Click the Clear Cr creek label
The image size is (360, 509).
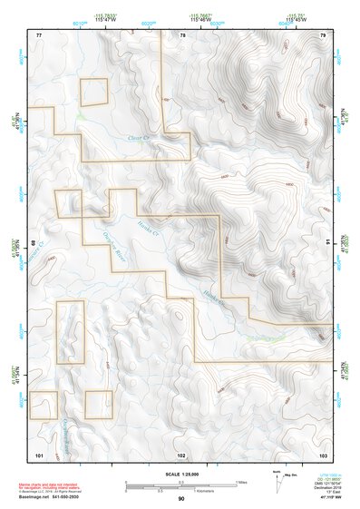pyautogui.click(x=138, y=139)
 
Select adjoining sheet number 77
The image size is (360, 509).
pyautogui.click(x=39, y=34)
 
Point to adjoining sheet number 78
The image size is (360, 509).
pyautogui.click(x=182, y=34)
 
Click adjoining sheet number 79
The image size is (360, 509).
pyautogui.click(x=323, y=34)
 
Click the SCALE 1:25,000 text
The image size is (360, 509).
pyautogui.click(x=181, y=475)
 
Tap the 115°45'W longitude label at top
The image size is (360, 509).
pyautogui.click(x=295, y=19)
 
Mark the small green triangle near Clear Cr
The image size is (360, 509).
pyautogui.click(x=81, y=117)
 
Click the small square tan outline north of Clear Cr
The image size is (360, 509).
pyautogui.click(x=94, y=92)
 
